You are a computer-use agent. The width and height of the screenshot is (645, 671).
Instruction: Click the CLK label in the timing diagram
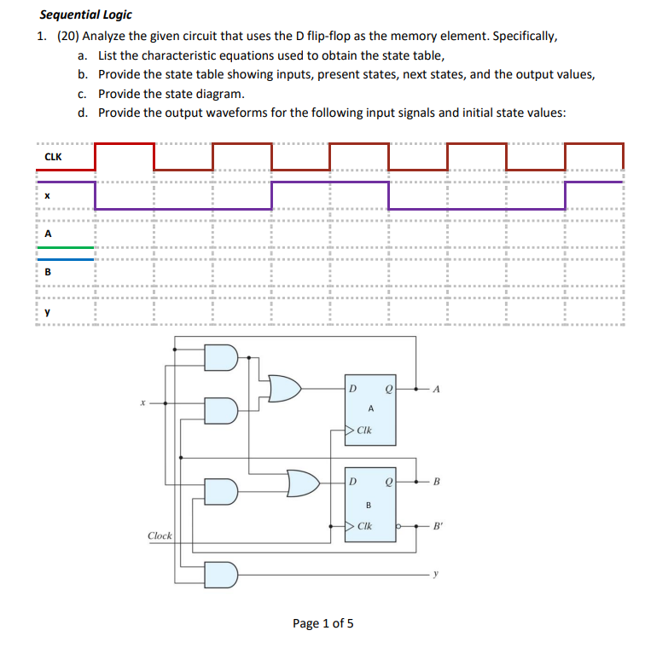tap(53, 157)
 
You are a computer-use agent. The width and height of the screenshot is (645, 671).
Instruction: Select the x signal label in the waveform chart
tap(48, 195)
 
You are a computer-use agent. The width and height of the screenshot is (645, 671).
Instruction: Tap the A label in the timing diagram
tap(48, 233)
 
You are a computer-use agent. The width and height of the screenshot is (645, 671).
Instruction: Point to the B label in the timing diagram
tap(48, 272)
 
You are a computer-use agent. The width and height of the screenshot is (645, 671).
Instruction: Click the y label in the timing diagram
tap(48, 311)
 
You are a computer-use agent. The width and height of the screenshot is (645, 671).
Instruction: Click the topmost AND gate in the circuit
tap(221, 358)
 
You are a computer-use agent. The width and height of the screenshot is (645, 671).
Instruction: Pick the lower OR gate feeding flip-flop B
tap(303, 483)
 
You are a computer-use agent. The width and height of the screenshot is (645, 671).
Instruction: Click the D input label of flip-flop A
tap(352, 389)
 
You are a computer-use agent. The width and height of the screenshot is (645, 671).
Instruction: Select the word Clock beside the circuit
tap(160, 535)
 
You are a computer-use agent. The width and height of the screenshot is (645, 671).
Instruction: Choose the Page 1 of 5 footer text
tap(322, 623)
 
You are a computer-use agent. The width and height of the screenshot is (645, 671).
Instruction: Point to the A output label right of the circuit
tap(436, 390)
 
